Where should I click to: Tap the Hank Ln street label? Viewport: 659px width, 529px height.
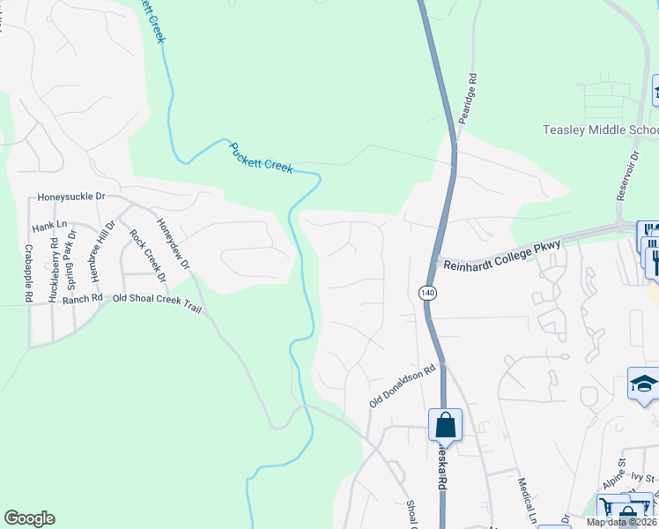[x=49, y=227]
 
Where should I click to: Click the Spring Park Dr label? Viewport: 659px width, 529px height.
[x=74, y=255]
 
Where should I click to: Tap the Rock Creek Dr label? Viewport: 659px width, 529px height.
[x=147, y=256]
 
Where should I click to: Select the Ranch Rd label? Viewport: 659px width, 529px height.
[x=83, y=298]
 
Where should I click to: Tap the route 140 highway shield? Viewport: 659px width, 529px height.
[x=426, y=292]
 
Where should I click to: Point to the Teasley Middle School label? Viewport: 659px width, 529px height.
[x=600, y=130]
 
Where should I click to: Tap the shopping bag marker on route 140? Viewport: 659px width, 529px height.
[x=446, y=424]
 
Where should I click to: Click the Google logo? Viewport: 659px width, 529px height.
[x=29, y=518]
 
